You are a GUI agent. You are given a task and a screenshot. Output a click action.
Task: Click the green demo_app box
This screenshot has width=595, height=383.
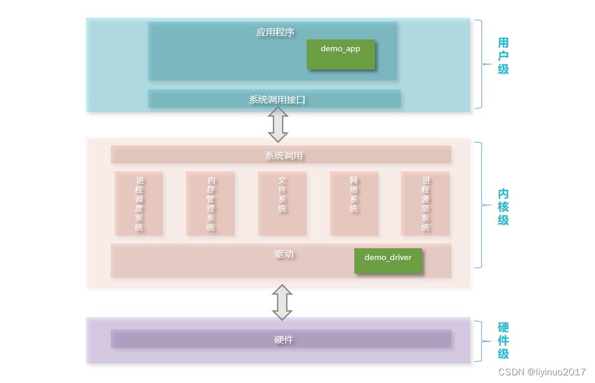pos(341,54)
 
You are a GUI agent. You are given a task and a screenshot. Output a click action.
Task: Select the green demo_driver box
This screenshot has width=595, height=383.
pos(388,261)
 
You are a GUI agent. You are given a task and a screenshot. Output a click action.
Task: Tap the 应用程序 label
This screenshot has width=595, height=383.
pos(275,32)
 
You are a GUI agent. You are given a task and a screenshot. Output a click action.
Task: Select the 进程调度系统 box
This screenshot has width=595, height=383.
pos(139,204)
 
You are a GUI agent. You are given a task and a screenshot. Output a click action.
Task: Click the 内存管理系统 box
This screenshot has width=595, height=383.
pos(211,204)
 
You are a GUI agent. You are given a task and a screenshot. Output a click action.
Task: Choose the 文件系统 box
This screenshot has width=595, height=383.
pos(282,204)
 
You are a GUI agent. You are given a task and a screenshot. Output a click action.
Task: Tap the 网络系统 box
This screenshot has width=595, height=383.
pos(354,204)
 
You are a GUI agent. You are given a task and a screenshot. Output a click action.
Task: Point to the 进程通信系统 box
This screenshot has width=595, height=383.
pos(425,204)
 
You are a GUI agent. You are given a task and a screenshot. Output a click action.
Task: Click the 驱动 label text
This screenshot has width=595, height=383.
pos(284,254)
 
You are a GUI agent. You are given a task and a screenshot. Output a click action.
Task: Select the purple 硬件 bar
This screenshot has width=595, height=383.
pos(281,339)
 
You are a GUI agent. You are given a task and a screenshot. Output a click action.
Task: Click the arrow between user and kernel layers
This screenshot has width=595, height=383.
pos(278,124)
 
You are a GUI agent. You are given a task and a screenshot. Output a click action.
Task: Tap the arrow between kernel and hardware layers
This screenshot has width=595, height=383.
pos(282,302)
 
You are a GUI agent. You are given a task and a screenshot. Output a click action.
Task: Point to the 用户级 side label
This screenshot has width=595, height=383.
pos(503,56)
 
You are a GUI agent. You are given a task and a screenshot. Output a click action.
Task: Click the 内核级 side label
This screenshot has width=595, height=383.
pos(503,207)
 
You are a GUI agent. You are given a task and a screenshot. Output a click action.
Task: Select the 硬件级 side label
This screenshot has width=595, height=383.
pos(503,341)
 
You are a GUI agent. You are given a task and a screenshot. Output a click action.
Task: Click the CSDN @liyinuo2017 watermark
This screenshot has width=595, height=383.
pos(541,372)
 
